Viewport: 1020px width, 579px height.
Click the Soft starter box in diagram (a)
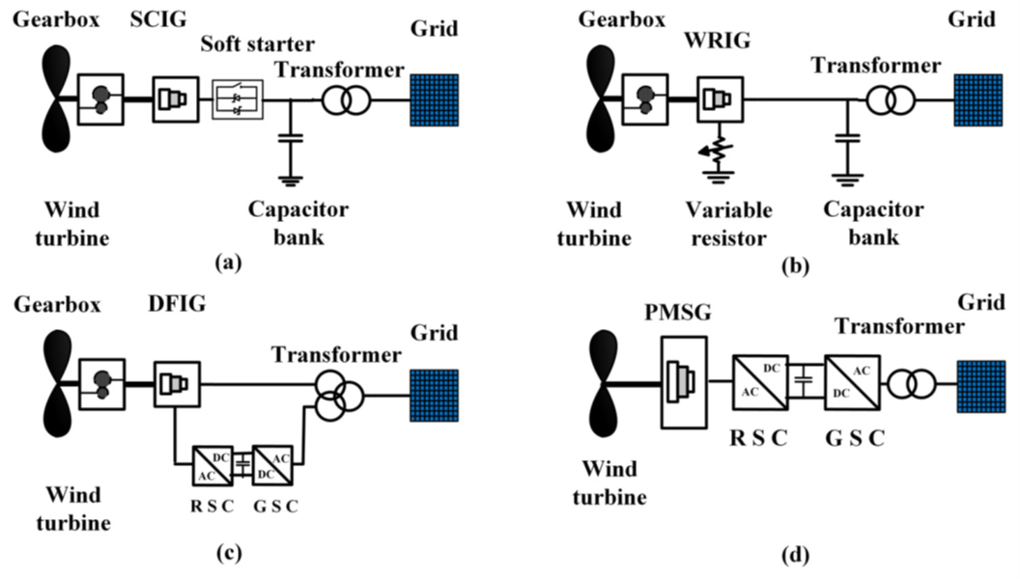238,100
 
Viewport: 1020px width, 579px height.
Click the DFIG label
181,306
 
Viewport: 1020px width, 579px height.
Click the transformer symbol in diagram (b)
887,100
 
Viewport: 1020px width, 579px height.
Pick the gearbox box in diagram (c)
100,384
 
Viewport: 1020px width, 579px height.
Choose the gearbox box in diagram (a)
100,100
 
